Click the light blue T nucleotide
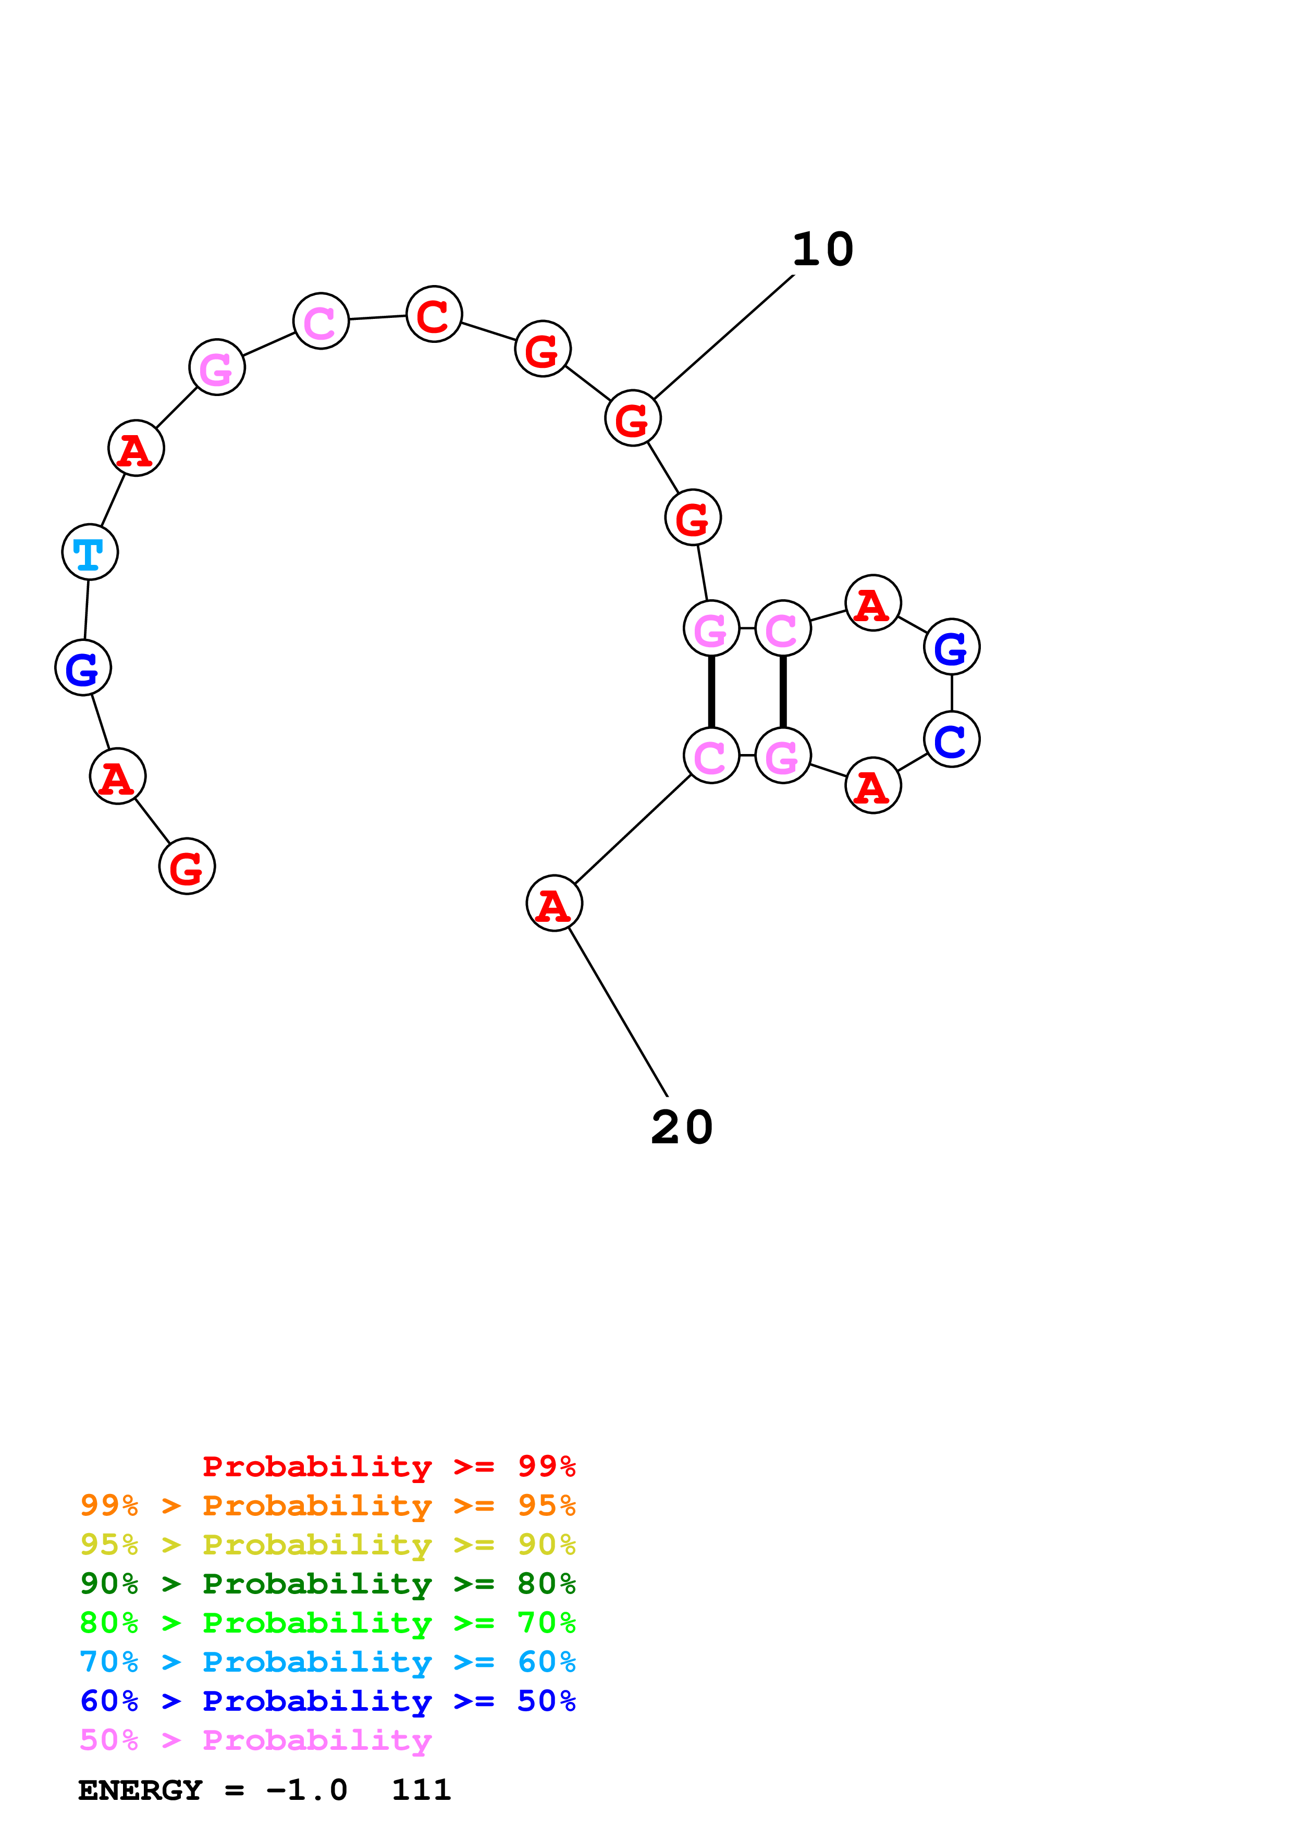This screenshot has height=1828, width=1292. (90, 552)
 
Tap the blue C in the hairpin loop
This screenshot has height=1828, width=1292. (951, 739)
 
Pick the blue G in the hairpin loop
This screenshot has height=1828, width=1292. (951, 647)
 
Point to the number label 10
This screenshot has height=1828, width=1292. (822, 250)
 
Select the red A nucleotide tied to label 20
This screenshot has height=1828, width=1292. (554, 903)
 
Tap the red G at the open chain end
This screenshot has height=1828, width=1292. (187, 866)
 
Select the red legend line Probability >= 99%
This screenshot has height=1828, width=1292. (388, 1466)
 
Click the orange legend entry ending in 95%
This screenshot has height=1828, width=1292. (328, 1505)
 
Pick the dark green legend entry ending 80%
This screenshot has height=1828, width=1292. (328, 1584)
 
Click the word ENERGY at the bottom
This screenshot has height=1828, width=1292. (140, 1790)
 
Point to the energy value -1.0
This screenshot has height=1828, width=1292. (306, 1790)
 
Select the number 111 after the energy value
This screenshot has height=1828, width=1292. (421, 1790)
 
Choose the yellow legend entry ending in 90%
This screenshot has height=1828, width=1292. (328, 1545)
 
